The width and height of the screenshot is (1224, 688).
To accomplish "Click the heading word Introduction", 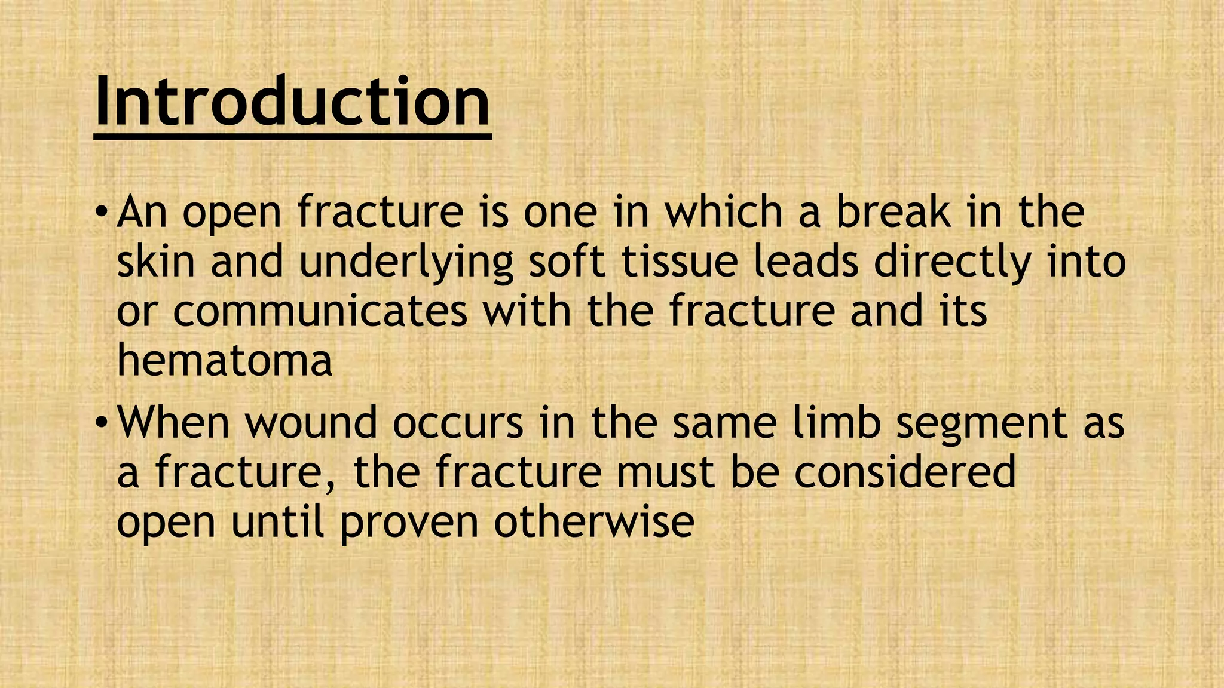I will click(292, 102).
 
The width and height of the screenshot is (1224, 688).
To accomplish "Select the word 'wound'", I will click(311, 422).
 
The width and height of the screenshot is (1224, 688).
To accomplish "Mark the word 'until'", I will click(277, 521).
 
